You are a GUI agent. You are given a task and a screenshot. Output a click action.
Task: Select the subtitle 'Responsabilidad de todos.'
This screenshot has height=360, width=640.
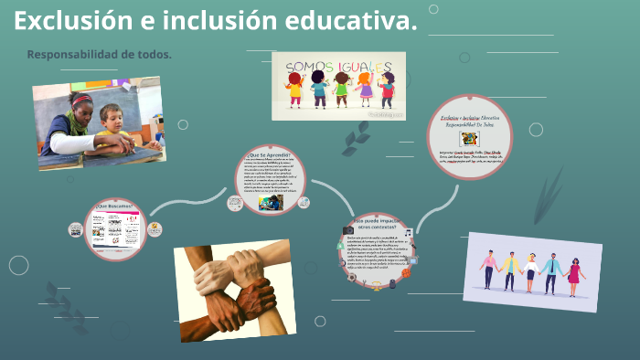tap(100, 55)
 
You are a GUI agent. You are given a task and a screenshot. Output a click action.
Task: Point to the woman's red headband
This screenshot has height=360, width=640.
tap(82, 100)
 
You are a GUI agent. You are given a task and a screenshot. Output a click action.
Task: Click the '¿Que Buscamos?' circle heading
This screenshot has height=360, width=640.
tap(114, 206)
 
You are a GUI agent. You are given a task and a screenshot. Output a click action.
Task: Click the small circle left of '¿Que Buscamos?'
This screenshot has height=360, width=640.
tap(75, 230)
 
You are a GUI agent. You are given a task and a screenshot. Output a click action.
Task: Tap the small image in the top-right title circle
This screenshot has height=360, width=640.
tap(470, 139)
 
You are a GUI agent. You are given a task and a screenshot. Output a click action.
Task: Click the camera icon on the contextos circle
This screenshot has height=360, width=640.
tap(348, 230)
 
